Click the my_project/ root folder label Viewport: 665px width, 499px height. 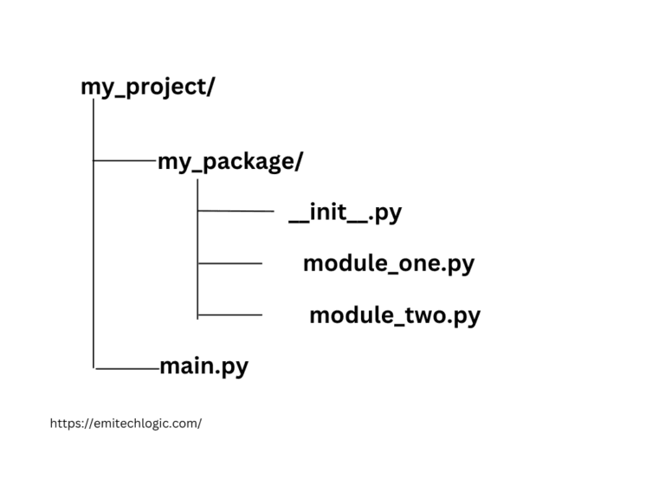click(x=147, y=87)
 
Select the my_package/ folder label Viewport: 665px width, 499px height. click(x=229, y=162)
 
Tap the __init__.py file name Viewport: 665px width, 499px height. click(x=345, y=212)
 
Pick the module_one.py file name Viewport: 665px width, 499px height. click(x=388, y=263)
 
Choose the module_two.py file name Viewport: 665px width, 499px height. click(x=394, y=315)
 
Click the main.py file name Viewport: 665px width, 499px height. click(x=203, y=366)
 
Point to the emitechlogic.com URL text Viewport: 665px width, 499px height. click(x=126, y=424)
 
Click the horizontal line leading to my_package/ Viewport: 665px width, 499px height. click(x=124, y=160)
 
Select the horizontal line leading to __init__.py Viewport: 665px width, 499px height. click(x=236, y=211)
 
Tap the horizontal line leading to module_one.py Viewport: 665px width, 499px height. click(x=229, y=262)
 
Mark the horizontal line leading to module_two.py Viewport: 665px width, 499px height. click(x=229, y=314)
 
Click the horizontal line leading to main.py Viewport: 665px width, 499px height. click(x=127, y=368)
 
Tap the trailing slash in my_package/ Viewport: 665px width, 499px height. click(x=299, y=162)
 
